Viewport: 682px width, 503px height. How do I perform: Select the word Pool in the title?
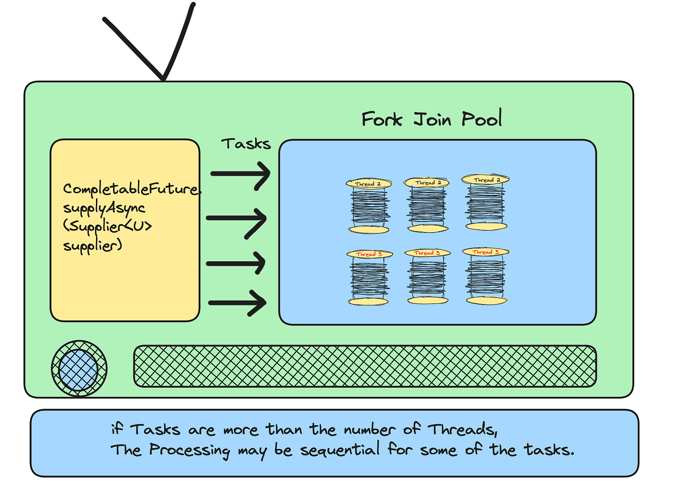pos(482,119)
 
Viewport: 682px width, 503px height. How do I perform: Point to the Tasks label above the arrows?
pos(246,143)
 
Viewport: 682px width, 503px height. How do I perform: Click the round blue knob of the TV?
pos(79,369)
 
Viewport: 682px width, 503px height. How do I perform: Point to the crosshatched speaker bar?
pos(365,366)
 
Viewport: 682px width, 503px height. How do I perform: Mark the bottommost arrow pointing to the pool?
pos(238,302)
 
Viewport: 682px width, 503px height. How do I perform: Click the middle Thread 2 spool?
pos(426,206)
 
